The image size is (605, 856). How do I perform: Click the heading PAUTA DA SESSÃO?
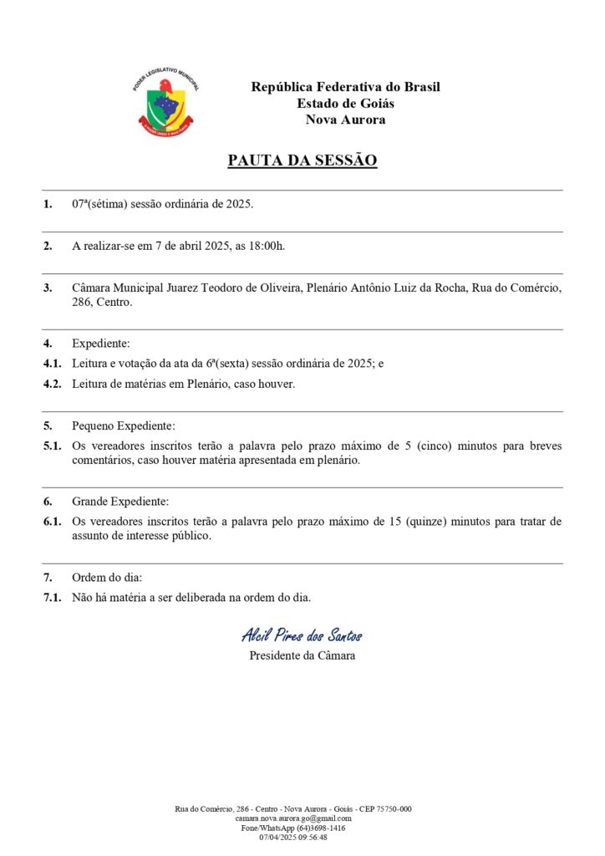pyautogui.click(x=302, y=160)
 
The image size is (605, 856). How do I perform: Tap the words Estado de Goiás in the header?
pyautogui.click(x=345, y=104)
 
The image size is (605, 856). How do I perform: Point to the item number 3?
pyautogui.click(x=48, y=288)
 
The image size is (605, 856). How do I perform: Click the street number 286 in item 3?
pyautogui.click(x=83, y=302)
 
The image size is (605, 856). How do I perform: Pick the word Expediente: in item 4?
pyautogui.click(x=101, y=344)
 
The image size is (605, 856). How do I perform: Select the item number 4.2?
pyautogui.click(x=52, y=384)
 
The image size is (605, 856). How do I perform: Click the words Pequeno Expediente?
pyautogui.click(x=124, y=425)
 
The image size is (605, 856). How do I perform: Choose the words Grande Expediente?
pyautogui.click(x=120, y=502)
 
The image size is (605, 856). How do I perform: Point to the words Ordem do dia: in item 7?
pyautogui.click(x=107, y=578)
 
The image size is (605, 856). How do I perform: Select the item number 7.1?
pyautogui.click(x=52, y=597)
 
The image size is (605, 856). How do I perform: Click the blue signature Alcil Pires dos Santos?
pyautogui.click(x=302, y=635)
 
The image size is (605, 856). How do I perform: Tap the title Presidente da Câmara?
pyautogui.click(x=302, y=655)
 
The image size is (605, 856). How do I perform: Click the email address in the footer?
pyautogui.click(x=293, y=818)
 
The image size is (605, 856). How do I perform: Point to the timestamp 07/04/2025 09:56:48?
pyautogui.click(x=293, y=837)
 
